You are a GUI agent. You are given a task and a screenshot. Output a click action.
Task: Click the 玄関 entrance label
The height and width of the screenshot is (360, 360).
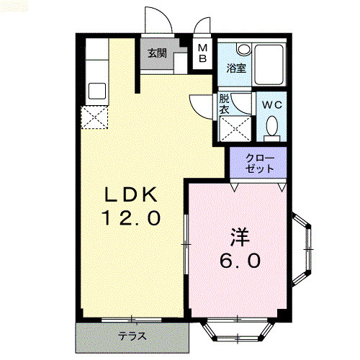click(x=157, y=53)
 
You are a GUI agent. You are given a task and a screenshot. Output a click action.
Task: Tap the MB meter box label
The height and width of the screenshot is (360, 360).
click(x=203, y=53)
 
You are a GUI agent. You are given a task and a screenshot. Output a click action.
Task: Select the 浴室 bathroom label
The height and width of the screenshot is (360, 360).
click(x=236, y=68)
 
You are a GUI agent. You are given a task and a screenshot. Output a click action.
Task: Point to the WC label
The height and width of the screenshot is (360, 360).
click(x=272, y=105)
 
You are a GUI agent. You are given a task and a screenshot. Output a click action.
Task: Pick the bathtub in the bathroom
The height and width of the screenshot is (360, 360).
click(x=269, y=65)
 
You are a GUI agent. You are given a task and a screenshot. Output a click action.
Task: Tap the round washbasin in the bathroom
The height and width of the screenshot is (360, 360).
click(x=243, y=49)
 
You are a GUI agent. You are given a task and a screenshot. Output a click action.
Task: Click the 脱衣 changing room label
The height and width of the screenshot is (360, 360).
click(x=224, y=104)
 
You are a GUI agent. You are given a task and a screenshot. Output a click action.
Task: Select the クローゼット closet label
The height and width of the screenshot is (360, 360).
click(x=260, y=163)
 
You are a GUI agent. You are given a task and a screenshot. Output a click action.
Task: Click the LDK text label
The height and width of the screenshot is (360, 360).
click(x=131, y=194)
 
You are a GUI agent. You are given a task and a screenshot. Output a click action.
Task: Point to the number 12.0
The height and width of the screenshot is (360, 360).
click(x=131, y=218)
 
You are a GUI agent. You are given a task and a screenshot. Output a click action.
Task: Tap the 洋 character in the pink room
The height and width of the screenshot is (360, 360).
click(x=240, y=237)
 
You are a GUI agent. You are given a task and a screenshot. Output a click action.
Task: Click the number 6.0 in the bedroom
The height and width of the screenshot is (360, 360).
click(x=240, y=261)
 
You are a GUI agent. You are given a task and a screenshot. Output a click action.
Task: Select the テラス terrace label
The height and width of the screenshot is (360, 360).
click(x=132, y=336)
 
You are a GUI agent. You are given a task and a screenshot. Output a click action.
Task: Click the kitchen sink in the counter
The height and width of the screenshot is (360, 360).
click(x=97, y=91)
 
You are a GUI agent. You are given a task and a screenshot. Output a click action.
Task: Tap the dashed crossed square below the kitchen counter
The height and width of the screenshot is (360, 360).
click(x=94, y=117)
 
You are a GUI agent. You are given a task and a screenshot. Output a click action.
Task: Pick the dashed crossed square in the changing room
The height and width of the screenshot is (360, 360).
click(x=235, y=129)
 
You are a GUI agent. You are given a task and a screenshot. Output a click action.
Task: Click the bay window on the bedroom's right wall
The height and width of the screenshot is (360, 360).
click(x=302, y=250)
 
